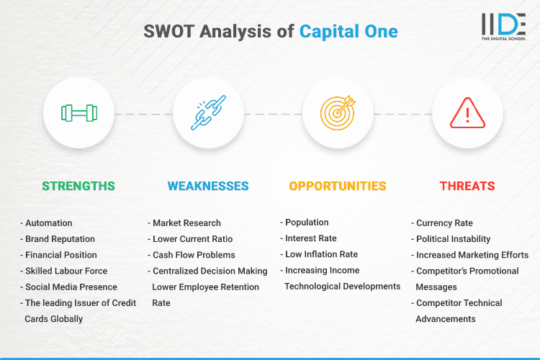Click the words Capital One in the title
click(x=348, y=32)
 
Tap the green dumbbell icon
click(x=78, y=114)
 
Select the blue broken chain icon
click(x=208, y=114)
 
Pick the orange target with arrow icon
click(x=338, y=114)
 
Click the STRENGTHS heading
click(x=78, y=186)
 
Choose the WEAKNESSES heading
click(x=208, y=186)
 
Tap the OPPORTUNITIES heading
click(x=338, y=186)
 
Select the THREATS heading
click(x=467, y=186)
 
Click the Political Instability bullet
click(x=453, y=239)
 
